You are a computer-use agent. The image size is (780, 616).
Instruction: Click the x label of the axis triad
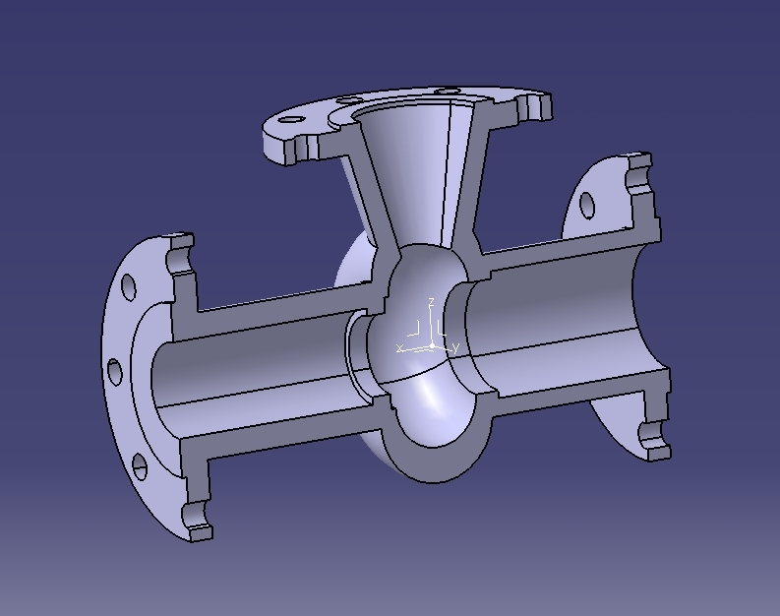[x=399, y=348]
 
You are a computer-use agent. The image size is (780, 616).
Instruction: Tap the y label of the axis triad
[x=456, y=348]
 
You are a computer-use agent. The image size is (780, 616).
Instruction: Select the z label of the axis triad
[x=431, y=302]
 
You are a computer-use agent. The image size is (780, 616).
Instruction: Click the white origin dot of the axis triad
[x=431, y=346]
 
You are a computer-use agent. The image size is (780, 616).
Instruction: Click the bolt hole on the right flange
[x=587, y=205]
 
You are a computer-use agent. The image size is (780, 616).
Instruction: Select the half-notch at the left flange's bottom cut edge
[x=197, y=515]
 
